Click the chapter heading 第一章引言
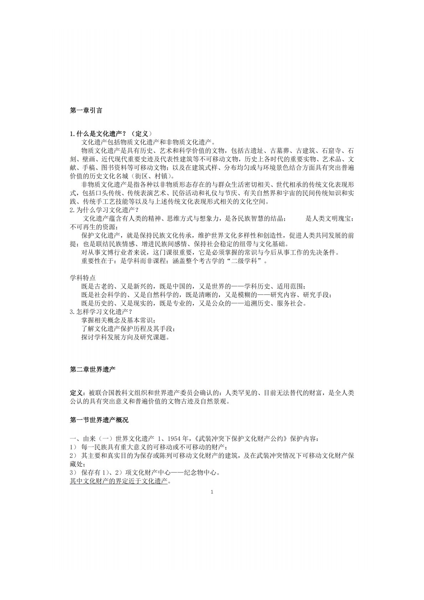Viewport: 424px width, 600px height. pos(86,111)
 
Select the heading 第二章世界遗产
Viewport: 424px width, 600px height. pos(93,370)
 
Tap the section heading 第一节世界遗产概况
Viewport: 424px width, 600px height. pos(99,420)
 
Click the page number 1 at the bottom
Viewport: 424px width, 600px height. pos(212,492)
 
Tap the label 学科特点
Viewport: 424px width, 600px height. pos(82,278)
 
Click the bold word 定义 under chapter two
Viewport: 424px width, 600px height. pos(76,393)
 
